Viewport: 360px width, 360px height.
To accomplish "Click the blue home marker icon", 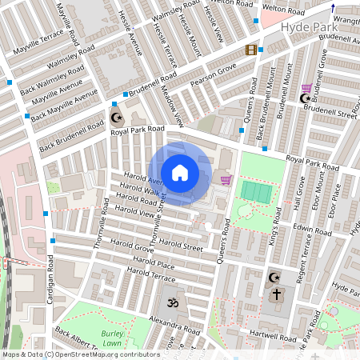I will [180, 173].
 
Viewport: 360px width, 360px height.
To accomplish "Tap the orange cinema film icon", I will [253, 50].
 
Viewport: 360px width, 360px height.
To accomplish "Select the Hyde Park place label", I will [310, 26].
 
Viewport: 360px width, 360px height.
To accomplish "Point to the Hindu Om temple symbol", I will [170, 304].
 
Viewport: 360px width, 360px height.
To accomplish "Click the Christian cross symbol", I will [277, 294].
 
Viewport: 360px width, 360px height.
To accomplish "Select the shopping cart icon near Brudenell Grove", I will [306, 88].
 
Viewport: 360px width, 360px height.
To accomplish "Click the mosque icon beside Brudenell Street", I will [304, 99].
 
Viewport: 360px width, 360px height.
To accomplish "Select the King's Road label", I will [274, 226].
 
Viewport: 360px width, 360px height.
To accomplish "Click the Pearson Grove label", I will [212, 77].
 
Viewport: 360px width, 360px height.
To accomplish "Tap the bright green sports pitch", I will [257, 193].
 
